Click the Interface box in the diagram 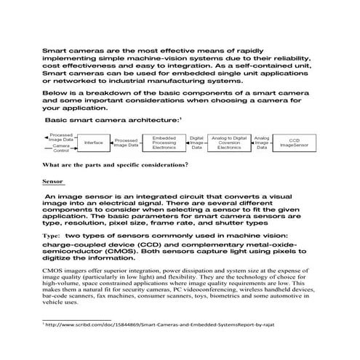(x=94, y=143)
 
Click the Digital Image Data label (x=196, y=142)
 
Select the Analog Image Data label (x=262, y=142)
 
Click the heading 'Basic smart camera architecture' (x=112, y=119)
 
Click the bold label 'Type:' (x=52, y=236)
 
